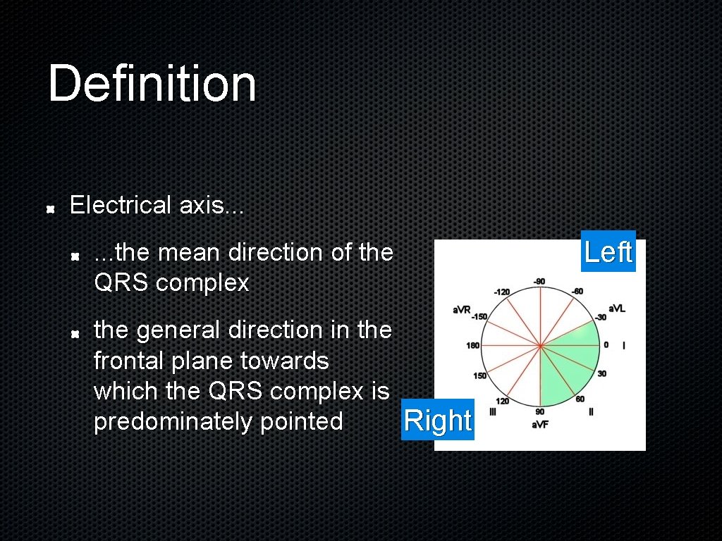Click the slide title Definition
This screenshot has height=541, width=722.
point(152,84)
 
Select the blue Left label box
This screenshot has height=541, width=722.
point(608,251)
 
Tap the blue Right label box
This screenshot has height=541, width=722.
point(437,421)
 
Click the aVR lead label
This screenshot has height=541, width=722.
point(462,309)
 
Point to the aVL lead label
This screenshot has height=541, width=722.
point(617,308)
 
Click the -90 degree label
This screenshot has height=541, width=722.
point(539,282)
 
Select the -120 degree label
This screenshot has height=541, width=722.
point(502,291)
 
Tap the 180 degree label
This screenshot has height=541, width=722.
point(472,345)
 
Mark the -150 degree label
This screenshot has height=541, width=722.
point(479,317)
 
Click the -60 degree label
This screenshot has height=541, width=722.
point(577,291)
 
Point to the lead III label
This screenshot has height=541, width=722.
point(494,411)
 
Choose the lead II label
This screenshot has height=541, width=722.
point(592,411)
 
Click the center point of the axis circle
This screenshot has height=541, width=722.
point(539,345)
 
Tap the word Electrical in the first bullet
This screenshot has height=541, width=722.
point(121,206)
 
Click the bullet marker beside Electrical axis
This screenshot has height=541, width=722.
point(51,209)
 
